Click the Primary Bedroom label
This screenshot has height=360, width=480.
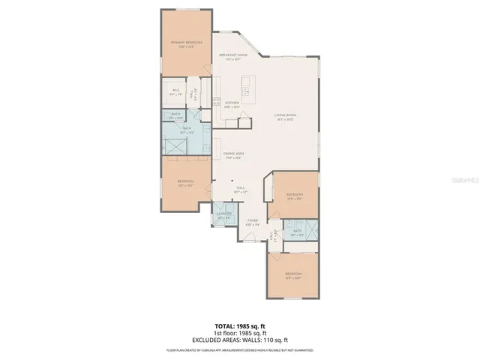186,44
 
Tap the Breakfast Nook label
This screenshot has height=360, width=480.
232,57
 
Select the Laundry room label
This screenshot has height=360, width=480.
224,215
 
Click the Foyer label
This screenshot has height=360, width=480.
253,222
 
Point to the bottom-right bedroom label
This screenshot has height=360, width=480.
293,275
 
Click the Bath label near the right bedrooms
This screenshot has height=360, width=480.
298,232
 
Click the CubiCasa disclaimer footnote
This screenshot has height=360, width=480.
240,350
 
